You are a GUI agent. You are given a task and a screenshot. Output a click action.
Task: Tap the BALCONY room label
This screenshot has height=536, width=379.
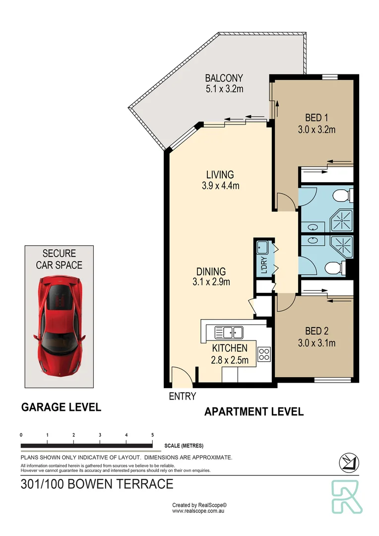(x=224, y=78)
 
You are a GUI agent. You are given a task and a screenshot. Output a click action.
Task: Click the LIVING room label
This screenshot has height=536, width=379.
(x=220, y=175)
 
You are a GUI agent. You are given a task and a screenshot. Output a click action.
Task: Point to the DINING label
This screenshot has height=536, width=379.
(x=211, y=271)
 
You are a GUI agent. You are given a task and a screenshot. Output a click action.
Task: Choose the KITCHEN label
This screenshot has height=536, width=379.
(x=230, y=348)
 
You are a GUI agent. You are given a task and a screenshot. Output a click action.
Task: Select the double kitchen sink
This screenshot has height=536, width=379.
(x=229, y=331)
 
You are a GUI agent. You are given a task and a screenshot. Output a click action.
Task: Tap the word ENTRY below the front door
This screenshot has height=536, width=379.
(x=182, y=396)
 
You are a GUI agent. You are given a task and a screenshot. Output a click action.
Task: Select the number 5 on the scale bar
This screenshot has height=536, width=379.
(x=152, y=435)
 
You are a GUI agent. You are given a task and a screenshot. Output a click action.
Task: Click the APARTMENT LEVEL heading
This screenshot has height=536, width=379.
(x=254, y=411)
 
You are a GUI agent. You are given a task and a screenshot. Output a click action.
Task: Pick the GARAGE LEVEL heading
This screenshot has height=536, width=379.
(x=61, y=407)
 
